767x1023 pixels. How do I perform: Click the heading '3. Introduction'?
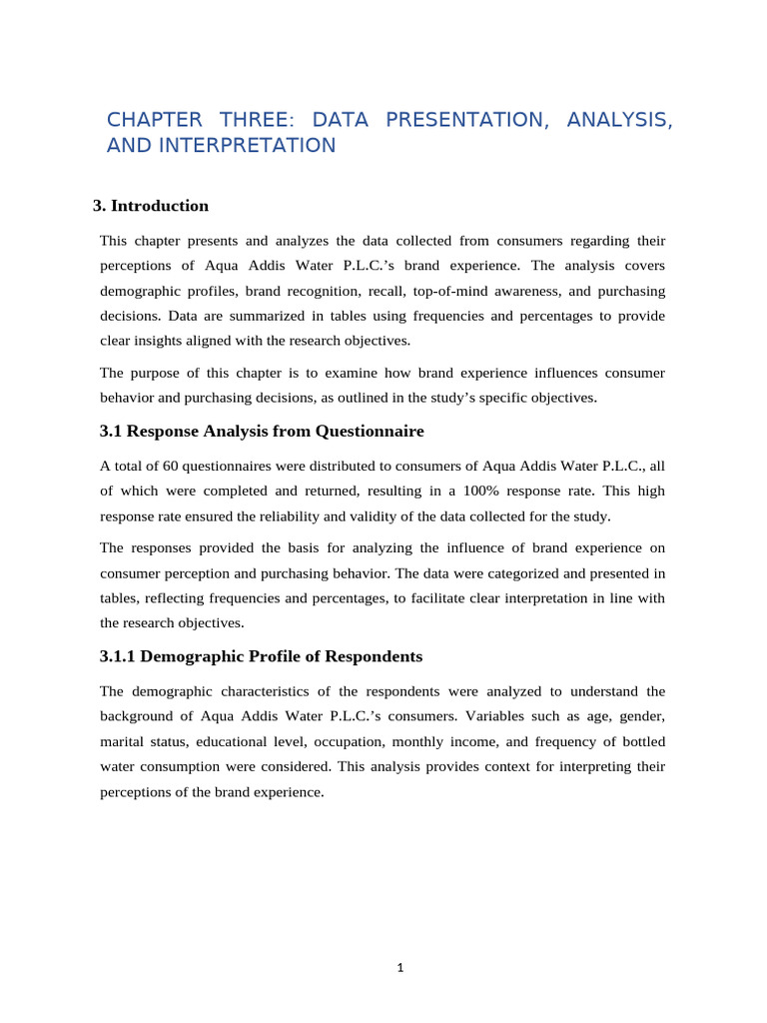click(151, 206)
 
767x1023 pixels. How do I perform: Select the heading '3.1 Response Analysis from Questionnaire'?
click(262, 432)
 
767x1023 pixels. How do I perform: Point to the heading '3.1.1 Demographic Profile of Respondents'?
click(262, 656)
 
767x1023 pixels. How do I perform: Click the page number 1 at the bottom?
click(399, 967)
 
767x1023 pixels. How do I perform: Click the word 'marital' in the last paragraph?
click(124, 742)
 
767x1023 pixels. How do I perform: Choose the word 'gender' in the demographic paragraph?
click(640, 716)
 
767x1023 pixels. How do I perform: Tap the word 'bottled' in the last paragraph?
click(639, 742)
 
